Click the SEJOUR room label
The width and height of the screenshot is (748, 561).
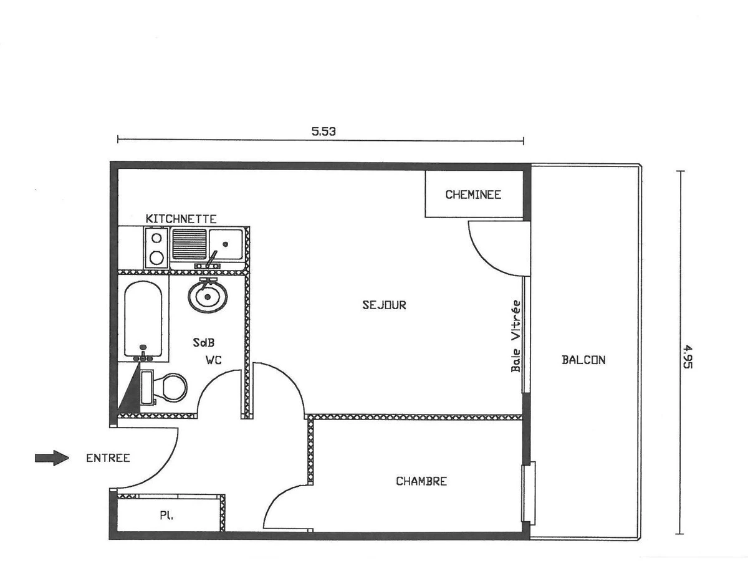pos(384,305)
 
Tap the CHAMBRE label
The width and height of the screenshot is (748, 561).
pos(421,481)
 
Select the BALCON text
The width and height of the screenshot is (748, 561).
pos(583,360)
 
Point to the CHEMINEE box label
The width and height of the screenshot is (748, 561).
pos(473,194)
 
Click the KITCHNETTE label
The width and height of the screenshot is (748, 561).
pos(181,219)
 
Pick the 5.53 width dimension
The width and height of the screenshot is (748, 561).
pos(324,132)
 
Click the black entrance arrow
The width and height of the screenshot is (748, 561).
pos(52,458)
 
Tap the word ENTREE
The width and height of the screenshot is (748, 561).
pos(108,458)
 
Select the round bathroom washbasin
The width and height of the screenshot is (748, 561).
pos(208,295)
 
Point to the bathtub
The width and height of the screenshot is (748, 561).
pos(143,319)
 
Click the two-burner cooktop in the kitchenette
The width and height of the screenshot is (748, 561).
pos(156,248)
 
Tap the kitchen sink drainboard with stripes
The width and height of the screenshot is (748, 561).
pos(189,244)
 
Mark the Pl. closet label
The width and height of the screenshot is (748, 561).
pos(166,515)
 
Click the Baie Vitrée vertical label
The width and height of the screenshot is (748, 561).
pos(516,336)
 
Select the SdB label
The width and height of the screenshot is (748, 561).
pos(203,342)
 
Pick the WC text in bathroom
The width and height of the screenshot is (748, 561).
pos(214,360)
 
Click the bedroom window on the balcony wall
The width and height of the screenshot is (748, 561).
pos(529,493)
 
